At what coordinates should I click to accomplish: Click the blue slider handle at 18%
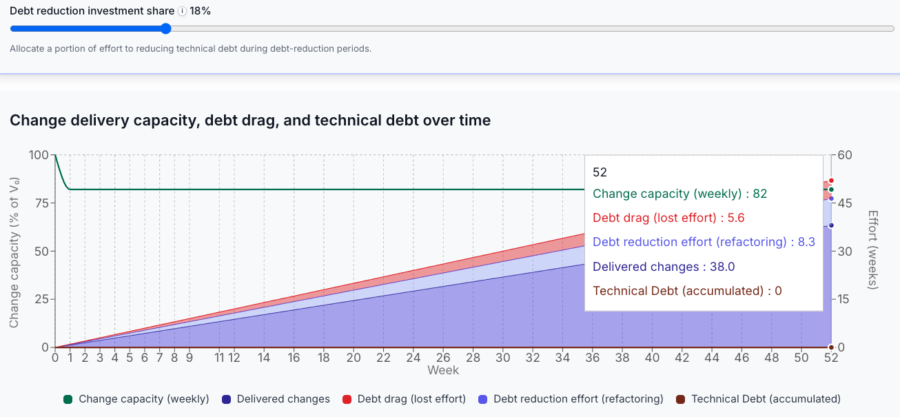pos(165,29)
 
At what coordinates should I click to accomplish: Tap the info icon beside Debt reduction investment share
pos(182,11)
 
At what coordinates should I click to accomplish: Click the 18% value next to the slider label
pos(200,11)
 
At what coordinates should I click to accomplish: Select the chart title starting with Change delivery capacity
pos(250,121)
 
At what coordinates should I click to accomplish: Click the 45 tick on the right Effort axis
pos(845,203)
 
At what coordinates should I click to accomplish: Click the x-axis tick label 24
pos(413,358)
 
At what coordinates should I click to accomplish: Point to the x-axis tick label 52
pos(831,358)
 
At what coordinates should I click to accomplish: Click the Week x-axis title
pos(443,370)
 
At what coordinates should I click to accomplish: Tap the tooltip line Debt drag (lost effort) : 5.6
pos(668,218)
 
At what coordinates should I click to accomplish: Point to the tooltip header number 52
pos(600,172)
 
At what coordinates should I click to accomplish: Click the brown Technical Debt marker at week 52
pos(831,347)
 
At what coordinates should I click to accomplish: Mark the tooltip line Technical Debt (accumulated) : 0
pos(687,291)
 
